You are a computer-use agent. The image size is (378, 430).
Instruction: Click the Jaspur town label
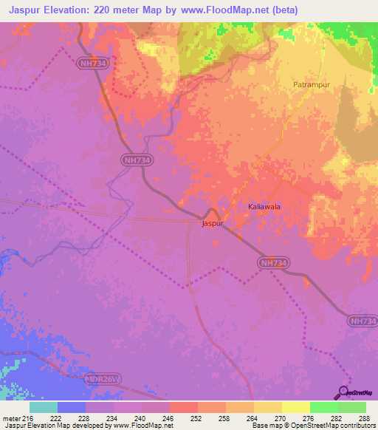[213, 222]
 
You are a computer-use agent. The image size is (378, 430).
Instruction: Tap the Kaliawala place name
[264, 207]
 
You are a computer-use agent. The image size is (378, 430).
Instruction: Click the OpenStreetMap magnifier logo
[343, 391]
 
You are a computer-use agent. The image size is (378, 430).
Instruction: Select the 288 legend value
[365, 417]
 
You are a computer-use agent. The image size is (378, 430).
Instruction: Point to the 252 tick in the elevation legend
[197, 417]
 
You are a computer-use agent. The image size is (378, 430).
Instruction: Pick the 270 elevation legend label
[281, 417]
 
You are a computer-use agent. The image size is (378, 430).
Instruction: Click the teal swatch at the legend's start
[43, 407]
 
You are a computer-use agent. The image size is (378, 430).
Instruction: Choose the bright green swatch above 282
[323, 407]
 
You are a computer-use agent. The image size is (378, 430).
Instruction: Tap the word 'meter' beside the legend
[11, 417]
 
